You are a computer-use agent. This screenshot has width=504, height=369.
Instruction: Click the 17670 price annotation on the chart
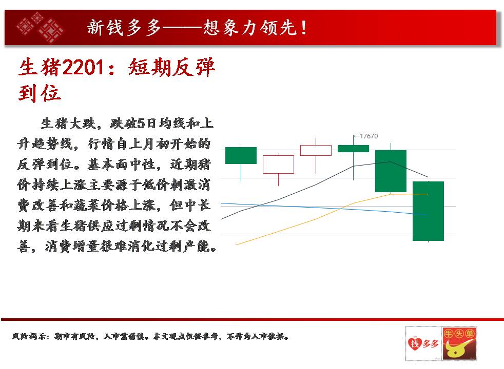[x=369, y=136]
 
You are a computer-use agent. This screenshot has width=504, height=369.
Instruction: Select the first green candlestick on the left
[x=241, y=156]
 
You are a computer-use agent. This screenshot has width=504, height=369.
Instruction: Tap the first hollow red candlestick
[x=278, y=165]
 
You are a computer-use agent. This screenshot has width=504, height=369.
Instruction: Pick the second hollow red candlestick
[x=316, y=151]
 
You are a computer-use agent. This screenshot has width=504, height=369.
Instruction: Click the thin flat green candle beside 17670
[x=353, y=149]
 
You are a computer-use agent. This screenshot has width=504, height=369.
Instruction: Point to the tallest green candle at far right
[x=428, y=211]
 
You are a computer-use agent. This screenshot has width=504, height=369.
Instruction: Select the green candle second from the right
[x=391, y=171]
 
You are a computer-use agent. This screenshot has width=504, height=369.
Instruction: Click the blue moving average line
[x=324, y=209]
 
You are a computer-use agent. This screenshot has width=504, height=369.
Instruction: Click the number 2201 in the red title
[x=83, y=67]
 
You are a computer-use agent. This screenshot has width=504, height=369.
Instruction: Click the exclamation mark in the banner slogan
[x=304, y=27]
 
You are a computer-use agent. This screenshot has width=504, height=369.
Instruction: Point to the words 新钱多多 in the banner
[x=124, y=27]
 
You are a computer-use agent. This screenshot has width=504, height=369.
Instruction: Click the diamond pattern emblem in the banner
[x=40, y=27]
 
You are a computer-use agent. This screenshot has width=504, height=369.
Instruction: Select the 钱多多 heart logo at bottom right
[x=423, y=343]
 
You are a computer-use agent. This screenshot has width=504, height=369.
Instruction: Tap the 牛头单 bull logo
[x=459, y=343]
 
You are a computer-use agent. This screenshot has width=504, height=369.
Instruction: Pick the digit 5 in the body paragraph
[x=141, y=123]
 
